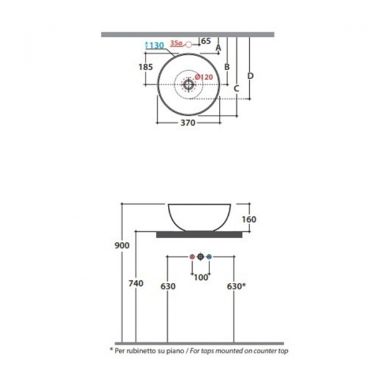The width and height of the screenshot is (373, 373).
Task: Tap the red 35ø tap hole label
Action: [x=177, y=43]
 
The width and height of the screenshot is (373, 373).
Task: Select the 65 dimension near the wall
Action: [x=206, y=41]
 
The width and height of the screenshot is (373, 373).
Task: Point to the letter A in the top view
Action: [x=218, y=48]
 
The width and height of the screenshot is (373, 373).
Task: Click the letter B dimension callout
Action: [x=227, y=67]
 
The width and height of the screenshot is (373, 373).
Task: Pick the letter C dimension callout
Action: [x=236, y=88]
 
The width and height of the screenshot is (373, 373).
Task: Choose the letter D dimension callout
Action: [x=251, y=76]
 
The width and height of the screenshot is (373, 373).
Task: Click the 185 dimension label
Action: [x=145, y=67]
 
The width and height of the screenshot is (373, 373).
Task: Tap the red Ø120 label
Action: [x=204, y=77]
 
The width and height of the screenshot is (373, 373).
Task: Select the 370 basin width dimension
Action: [x=188, y=122]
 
